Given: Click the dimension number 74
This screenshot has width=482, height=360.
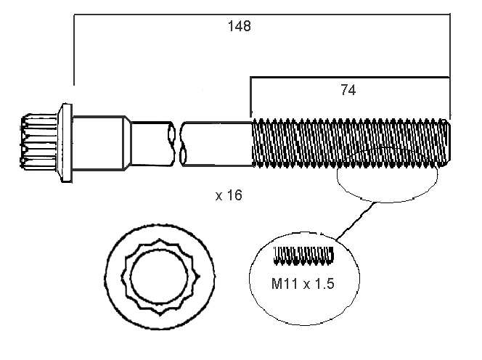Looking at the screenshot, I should tap(348, 90).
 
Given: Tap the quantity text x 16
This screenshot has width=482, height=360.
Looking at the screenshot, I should tap(228, 195).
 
